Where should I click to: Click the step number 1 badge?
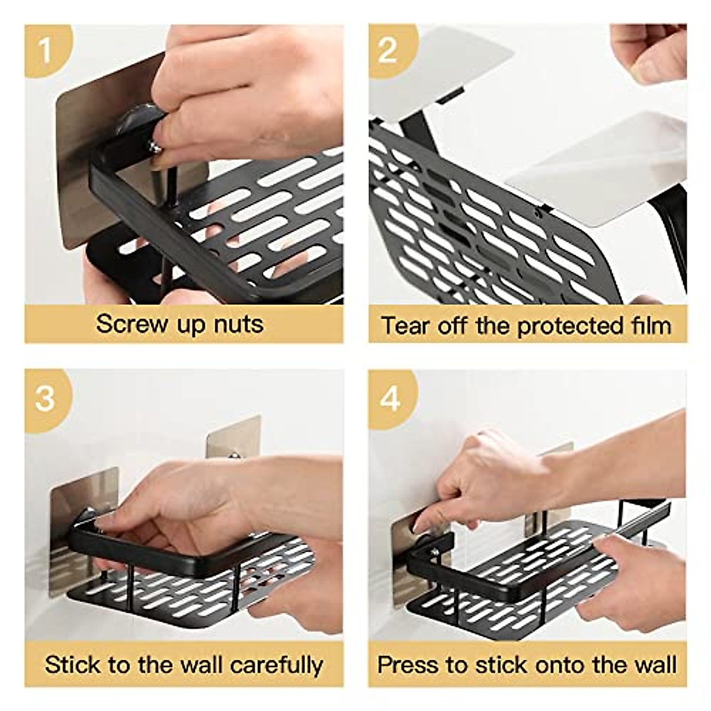[46, 50]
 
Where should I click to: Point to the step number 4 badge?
[389, 398]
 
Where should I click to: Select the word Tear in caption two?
[406, 326]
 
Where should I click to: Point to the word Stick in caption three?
[70, 664]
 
